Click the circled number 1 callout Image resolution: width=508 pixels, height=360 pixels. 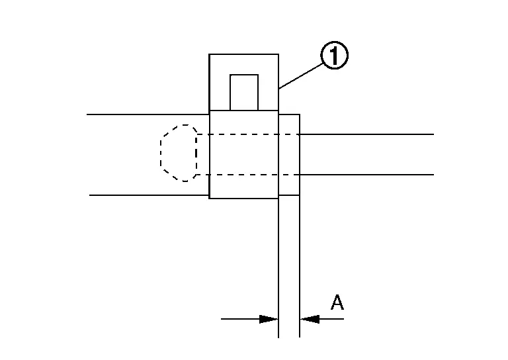tap(334, 55)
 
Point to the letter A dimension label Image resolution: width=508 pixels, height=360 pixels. tap(337, 302)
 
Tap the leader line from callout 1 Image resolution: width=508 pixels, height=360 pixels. tap(300, 76)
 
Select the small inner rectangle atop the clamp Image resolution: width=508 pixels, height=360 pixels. tap(244, 93)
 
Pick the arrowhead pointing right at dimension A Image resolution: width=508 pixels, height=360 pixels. tap(269, 319)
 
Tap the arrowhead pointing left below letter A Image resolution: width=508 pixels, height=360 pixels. tap(310, 319)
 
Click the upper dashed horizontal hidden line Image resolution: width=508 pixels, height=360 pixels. tap(248, 134)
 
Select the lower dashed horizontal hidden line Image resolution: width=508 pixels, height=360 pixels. tap(248, 175)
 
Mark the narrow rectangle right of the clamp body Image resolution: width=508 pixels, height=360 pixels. tap(289, 155)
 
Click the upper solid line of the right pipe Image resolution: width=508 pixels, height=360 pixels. tap(366, 134)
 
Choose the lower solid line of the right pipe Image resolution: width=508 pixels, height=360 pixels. tap(366, 175)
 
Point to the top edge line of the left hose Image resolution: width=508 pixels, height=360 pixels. tap(148, 114)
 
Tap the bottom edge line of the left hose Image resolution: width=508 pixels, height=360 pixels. tap(149, 195)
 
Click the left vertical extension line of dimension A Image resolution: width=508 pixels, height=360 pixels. tap(278, 268)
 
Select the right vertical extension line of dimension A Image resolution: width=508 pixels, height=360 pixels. tap(300, 267)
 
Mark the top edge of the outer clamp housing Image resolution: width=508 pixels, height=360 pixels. tap(243, 54)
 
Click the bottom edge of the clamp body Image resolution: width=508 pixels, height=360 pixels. tap(243, 198)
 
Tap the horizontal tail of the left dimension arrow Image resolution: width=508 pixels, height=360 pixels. tap(240, 319)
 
